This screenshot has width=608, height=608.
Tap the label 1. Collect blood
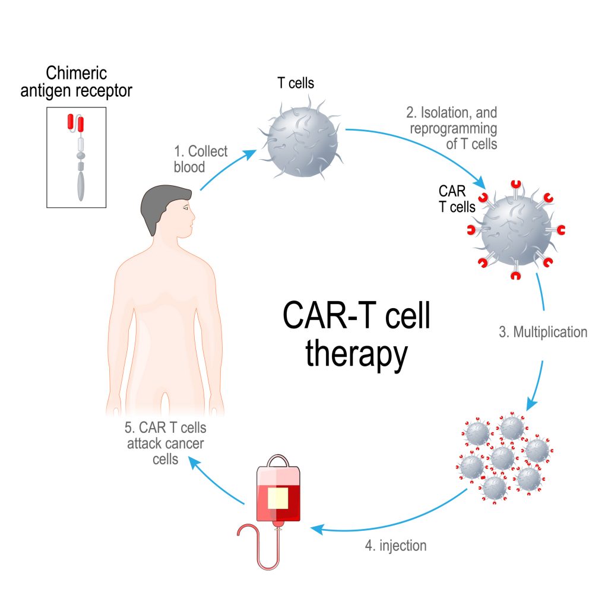tap(200, 159)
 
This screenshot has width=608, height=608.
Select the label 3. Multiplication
tap(543, 332)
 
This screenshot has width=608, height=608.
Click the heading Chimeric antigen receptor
tap(89, 82)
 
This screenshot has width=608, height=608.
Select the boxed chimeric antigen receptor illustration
tap(76, 157)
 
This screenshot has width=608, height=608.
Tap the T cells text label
tap(295, 83)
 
